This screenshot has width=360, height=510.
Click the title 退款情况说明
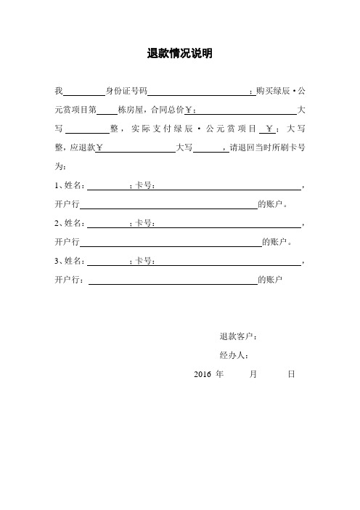tap(179, 53)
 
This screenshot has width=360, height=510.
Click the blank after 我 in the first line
tap(85, 92)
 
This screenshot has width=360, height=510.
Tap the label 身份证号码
tap(126, 92)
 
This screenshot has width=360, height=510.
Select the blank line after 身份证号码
tap(198, 92)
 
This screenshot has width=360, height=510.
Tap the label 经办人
tap(234, 356)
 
